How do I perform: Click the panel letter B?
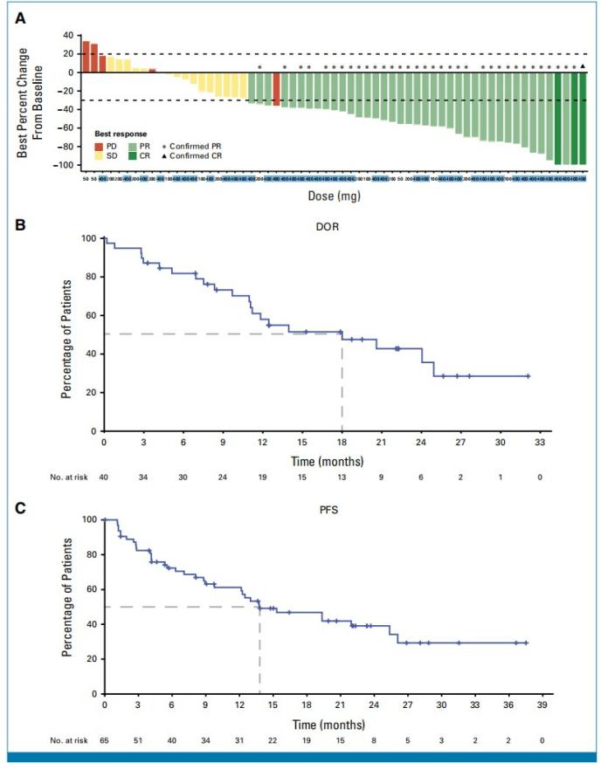[x=24, y=224]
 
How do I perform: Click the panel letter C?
[x=24, y=505]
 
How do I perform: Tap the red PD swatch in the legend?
[x=99, y=145]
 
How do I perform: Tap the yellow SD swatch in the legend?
[x=99, y=155]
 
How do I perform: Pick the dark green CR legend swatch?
[x=133, y=155]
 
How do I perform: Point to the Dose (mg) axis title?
[x=334, y=196]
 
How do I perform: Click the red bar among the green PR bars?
[x=276, y=89]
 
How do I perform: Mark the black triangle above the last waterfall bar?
[x=583, y=66]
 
